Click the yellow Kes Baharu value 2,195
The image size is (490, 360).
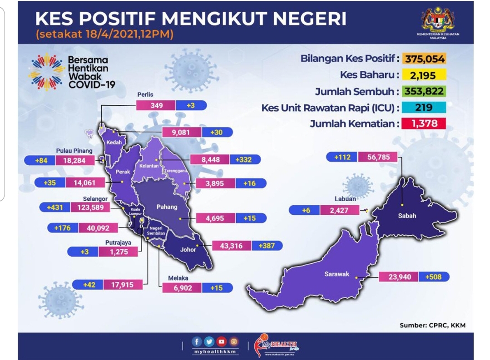(x=423, y=75)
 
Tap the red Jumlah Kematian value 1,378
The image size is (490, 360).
(x=423, y=123)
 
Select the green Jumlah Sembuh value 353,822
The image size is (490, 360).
(x=423, y=91)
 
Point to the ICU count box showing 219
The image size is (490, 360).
(x=423, y=108)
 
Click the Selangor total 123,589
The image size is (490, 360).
(x=90, y=207)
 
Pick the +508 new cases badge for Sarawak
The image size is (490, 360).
(x=433, y=277)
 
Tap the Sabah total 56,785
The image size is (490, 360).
(x=378, y=157)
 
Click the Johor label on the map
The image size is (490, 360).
(x=188, y=249)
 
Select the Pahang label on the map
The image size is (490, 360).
(x=167, y=207)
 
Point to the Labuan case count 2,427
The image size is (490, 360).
(x=339, y=210)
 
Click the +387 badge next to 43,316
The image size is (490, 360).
(x=267, y=246)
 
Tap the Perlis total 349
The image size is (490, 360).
(x=156, y=105)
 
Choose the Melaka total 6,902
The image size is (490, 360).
(x=183, y=288)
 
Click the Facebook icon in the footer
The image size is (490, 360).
(x=197, y=341)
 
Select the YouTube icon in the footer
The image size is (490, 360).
(x=221, y=341)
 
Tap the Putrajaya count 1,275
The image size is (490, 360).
(x=119, y=252)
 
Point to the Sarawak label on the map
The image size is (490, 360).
(x=337, y=274)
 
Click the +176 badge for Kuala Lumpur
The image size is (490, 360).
(x=63, y=228)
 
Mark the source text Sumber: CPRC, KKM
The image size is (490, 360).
(x=432, y=325)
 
